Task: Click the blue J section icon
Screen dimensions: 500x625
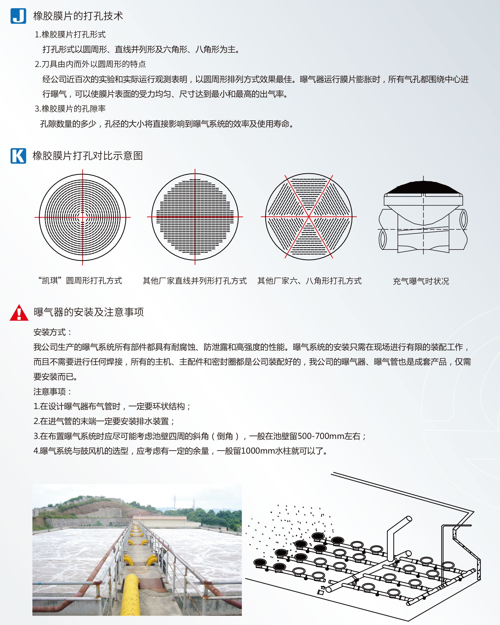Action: (18, 16)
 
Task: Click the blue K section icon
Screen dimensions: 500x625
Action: (18, 156)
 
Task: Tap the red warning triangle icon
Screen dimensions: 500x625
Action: (19, 313)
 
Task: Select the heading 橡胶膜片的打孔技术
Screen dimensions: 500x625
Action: (78, 16)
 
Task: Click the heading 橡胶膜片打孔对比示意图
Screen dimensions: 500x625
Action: (88, 156)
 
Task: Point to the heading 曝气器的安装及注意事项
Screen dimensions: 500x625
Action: (89, 312)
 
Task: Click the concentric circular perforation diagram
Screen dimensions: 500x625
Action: (83, 217)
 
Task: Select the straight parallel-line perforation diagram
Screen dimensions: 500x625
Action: (195, 217)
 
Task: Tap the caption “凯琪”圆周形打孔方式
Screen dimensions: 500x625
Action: (80, 281)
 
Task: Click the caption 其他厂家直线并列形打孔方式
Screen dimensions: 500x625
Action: (195, 281)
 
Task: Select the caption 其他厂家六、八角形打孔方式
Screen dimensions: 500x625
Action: (309, 281)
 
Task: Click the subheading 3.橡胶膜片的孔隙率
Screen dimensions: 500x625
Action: (70, 109)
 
